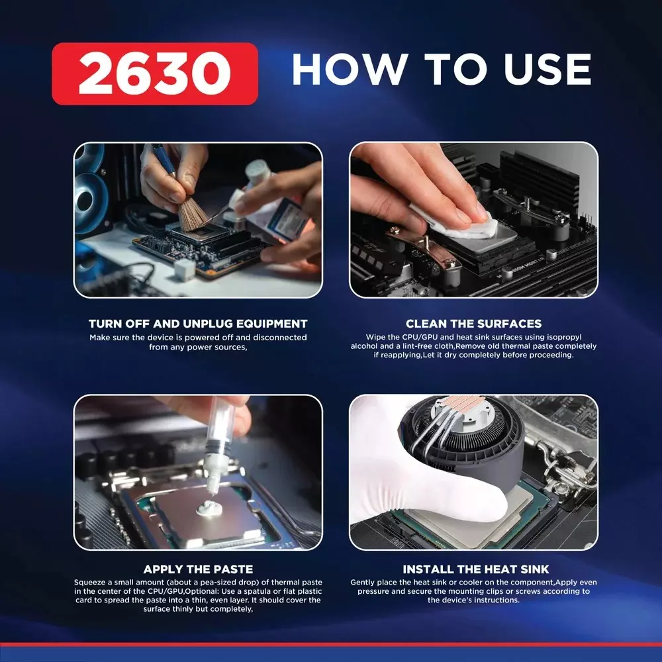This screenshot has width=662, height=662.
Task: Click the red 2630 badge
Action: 155,73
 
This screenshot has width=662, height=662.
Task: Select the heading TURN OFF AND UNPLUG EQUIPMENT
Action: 198,324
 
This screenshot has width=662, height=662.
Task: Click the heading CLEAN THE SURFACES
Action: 474,324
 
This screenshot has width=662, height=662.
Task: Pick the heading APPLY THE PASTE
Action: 198,569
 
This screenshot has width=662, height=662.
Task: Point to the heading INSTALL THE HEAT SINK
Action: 476,569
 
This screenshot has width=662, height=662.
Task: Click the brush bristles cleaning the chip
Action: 193,214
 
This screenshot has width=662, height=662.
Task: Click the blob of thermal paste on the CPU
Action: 209,508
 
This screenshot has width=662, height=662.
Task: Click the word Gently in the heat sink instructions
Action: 362,583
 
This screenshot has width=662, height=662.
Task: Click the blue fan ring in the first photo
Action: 89,199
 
